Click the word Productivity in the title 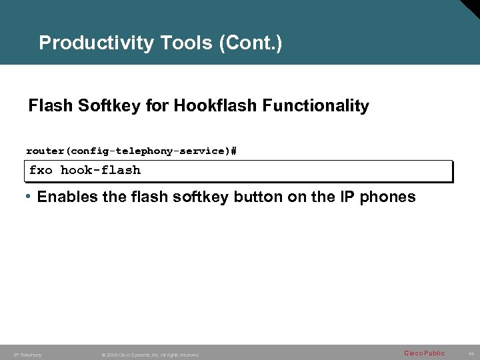click(x=97, y=43)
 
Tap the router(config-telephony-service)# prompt click(x=131, y=151)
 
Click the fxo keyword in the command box click(x=41, y=170)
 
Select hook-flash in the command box click(x=101, y=170)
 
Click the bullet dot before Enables click(x=29, y=197)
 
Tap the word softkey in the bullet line click(x=198, y=197)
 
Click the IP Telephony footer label click(x=27, y=355)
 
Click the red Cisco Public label click(x=424, y=353)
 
